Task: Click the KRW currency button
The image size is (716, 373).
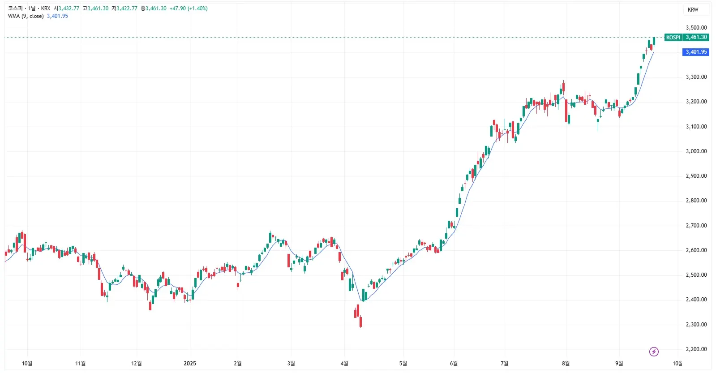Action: tap(693, 10)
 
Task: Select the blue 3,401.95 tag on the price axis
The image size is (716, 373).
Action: tap(696, 52)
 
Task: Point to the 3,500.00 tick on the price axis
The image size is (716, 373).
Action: tap(696, 28)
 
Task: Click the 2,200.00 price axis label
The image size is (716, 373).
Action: tap(696, 349)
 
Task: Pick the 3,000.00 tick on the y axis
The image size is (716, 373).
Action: tap(696, 151)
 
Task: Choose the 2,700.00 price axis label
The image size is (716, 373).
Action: tap(696, 226)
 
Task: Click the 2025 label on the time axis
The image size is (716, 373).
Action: tap(190, 363)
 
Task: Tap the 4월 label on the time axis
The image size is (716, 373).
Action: tap(344, 363)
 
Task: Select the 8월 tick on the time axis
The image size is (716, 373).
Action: tap(566, 363)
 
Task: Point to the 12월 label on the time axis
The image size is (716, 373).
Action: tap(137, 363)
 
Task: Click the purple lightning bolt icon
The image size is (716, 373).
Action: tap(654, 352)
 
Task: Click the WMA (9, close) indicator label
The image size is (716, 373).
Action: tap(26, 16)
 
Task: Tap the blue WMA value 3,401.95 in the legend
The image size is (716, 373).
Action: tap(57, 16)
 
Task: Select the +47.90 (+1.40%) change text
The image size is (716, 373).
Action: tap(188, 9)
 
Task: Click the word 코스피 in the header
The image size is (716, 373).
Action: tap(15, 9)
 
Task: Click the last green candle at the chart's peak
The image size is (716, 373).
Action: tap(654, 41)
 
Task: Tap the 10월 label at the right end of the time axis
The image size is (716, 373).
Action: tap(677, 363)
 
